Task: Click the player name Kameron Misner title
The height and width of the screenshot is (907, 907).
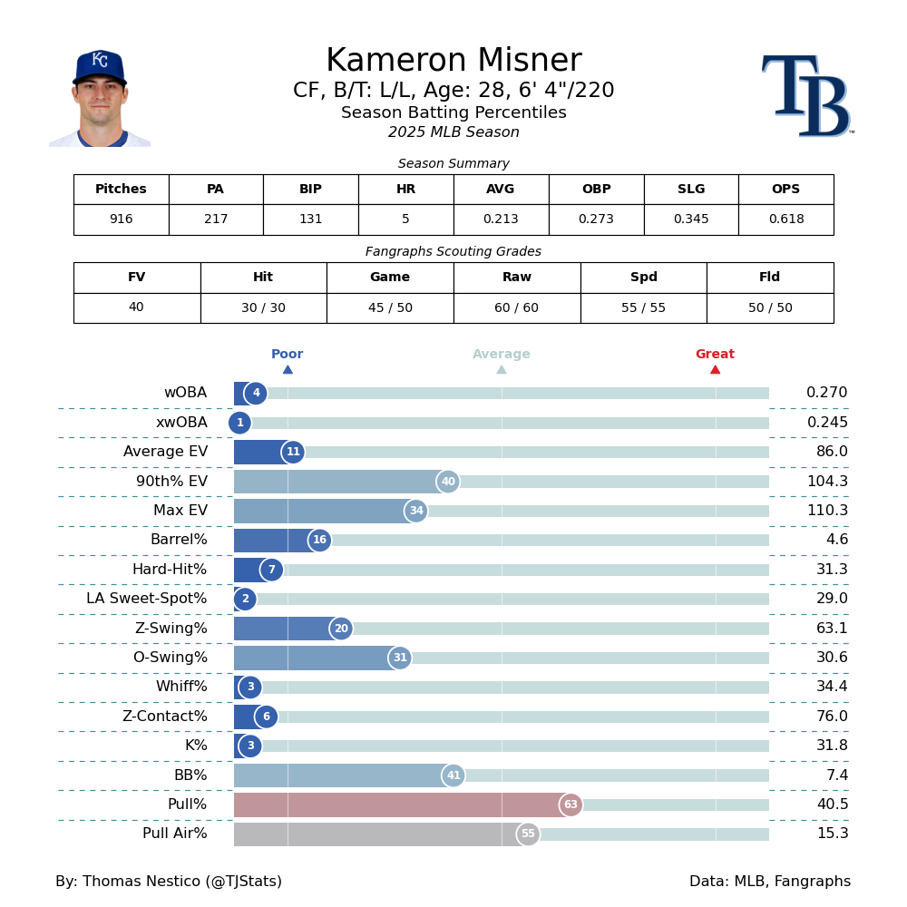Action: coord(453,62)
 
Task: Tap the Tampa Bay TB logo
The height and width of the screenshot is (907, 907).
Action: coord(806,96)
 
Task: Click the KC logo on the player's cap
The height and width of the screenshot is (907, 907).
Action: coord(100,61)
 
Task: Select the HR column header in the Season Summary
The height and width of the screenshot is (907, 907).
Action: coord(405,190)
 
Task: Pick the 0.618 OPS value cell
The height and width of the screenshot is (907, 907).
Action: coord(785,219)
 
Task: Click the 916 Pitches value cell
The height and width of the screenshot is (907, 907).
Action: coord(121,219)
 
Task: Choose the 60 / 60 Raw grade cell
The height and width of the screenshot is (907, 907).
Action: coord(517,308)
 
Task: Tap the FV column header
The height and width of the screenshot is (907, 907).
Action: coord(136,278)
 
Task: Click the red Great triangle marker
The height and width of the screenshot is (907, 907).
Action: coord(715,369)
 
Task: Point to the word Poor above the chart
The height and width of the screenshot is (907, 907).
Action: coord(287,355)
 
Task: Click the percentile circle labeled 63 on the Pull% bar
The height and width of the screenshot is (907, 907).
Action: coord(571,805)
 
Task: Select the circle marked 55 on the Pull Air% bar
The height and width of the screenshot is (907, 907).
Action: coord(528,834)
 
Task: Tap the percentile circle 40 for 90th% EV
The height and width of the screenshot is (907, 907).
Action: coord(448,482)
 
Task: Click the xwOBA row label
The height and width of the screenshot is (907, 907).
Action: coord(181,423)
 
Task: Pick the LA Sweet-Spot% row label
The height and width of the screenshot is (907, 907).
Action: coord(147,599)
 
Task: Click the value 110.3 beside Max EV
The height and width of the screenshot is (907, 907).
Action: coord(827,511)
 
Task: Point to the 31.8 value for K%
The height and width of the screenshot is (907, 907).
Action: coord(832,746)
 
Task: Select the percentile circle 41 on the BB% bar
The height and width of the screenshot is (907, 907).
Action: coord(453,775)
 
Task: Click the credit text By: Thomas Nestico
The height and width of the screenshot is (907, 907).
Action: coord(169,882)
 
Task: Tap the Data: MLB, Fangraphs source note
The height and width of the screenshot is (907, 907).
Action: coord(770,882)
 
